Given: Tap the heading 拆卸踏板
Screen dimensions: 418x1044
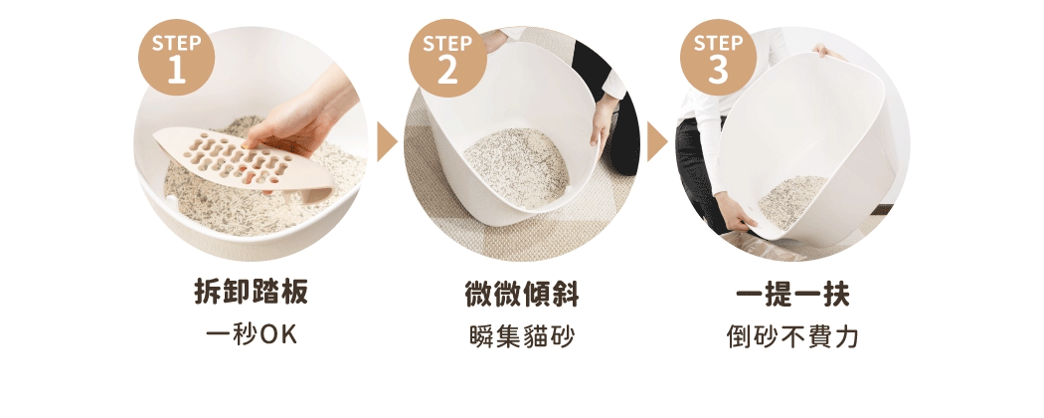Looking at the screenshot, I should tap(251, 295).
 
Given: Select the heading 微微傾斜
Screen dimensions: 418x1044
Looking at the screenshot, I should tap(522, 295).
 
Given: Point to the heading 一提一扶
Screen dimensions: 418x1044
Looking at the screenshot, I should tap(792, 295).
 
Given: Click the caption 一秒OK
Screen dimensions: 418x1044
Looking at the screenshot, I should tap(251, 336).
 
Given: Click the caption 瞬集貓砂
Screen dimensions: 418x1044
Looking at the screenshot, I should tap(522, 336).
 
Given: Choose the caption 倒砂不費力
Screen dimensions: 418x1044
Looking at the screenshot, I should tap(792, 336).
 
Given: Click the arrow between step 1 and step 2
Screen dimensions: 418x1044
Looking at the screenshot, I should tap(387, 142).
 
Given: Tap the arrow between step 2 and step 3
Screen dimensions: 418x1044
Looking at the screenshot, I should tap(656, 142).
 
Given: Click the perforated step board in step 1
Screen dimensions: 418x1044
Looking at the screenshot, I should tap(239, 159).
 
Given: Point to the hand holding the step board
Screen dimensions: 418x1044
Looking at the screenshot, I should tap(298, 124).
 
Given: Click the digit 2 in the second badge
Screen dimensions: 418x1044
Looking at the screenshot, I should tap(448, 71).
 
